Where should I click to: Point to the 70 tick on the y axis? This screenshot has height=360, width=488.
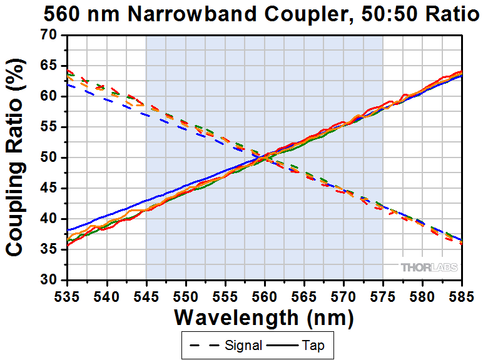point(49,35)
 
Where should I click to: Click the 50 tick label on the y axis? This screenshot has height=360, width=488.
point(49,157)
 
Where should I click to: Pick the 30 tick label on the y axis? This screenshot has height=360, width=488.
point(49,280)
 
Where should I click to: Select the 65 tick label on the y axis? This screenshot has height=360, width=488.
point(49,66)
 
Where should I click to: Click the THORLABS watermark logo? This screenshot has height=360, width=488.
point(429,267)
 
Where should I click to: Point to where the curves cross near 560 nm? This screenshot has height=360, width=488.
point(265,156)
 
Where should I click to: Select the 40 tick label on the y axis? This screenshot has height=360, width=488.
point(49,219)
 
